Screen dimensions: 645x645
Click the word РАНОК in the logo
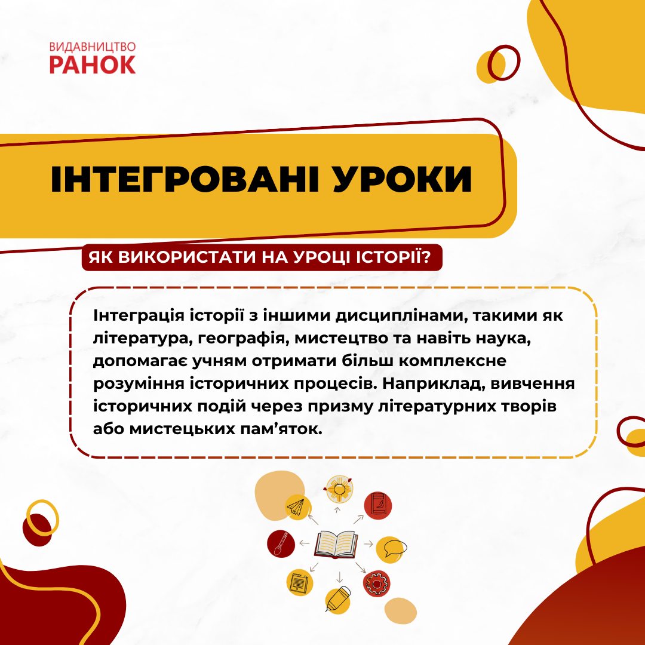tap(93, 65)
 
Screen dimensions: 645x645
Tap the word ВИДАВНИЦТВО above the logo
tap(93, 47)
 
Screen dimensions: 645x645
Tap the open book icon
tap(336, 544)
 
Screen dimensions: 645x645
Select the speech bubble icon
tap(395, 548)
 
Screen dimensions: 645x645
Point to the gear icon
tap(375, 582)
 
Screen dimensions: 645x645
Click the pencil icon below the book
tap(338, 598)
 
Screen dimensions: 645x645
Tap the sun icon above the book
tap(339, 490)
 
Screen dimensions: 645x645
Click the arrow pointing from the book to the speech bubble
tap(368, 544)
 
